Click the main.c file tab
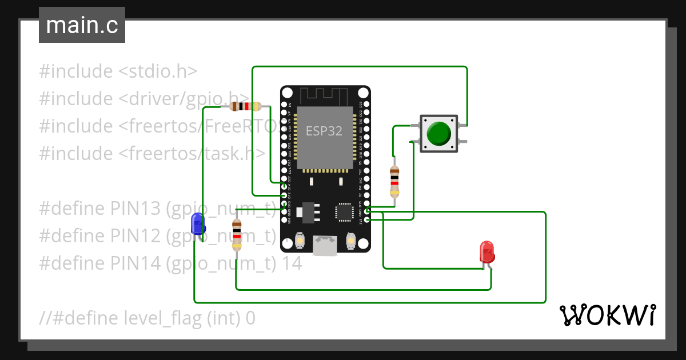82,26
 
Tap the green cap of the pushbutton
438,133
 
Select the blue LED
198,223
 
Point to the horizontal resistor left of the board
245,106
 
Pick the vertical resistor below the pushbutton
394,181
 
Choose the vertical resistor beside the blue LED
237,234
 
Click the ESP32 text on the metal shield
324,131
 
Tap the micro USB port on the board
325,246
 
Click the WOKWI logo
607,315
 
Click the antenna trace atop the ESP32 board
325,94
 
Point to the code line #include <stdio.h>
118,71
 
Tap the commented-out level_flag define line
147,318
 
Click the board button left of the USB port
299,243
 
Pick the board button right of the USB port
350,243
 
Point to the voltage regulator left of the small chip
308,211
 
